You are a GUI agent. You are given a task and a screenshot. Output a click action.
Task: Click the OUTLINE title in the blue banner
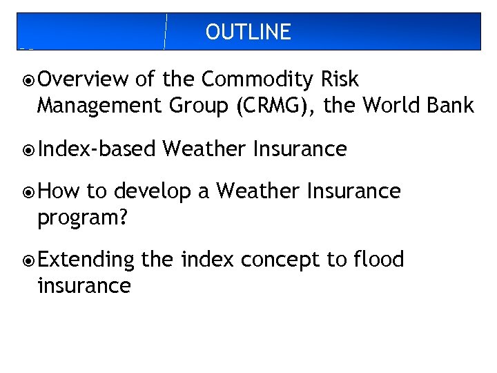[248, 32]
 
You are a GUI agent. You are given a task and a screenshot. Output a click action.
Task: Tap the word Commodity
[258, 79]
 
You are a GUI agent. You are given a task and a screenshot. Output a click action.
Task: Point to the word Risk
[340, 79]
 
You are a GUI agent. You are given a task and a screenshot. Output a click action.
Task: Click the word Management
[93, 106]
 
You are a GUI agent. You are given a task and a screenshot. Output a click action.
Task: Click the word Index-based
[97, 149]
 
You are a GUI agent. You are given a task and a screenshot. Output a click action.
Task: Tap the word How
[59, 191]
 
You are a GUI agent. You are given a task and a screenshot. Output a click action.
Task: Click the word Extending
[86, 260]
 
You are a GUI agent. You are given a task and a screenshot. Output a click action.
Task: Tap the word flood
[378, 260]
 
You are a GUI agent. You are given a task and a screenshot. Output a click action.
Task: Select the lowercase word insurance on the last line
[84, 285]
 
